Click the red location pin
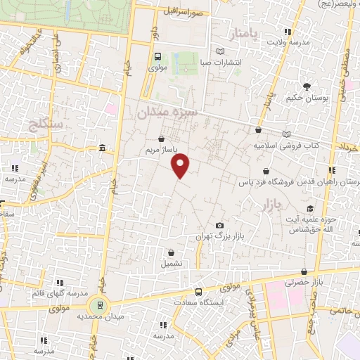(x=181, y=165)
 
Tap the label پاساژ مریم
(x=158, y=150)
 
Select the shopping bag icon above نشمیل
(x=171, y=252)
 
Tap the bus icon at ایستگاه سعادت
(x=198, y=292)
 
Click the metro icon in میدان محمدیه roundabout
(x=99, y=305)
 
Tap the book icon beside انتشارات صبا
(x=221, y=51)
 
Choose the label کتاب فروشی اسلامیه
(x=286, y=146)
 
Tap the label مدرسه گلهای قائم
(x=58, y=293)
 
